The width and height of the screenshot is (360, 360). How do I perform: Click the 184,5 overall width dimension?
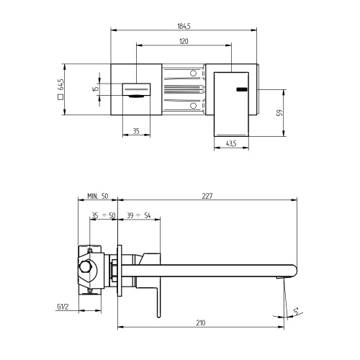pos(184,26)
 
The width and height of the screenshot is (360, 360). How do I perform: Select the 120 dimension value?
pos(184,42)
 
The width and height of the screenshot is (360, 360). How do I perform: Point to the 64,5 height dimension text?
pos(62,87)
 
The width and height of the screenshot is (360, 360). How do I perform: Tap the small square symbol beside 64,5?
pos(62,102)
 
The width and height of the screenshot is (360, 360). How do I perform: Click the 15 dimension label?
pos(95,89)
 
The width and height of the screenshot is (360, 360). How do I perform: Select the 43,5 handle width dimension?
pos(230,143)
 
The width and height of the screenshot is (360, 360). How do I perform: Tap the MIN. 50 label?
pos(97,196)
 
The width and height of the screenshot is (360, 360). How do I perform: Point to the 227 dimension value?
pos(207,196)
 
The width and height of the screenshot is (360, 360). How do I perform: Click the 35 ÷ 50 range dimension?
pos(103,215)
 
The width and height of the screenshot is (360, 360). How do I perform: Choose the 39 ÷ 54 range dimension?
pos(138,215)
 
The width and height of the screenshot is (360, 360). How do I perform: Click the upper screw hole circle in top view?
pos(193,74)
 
